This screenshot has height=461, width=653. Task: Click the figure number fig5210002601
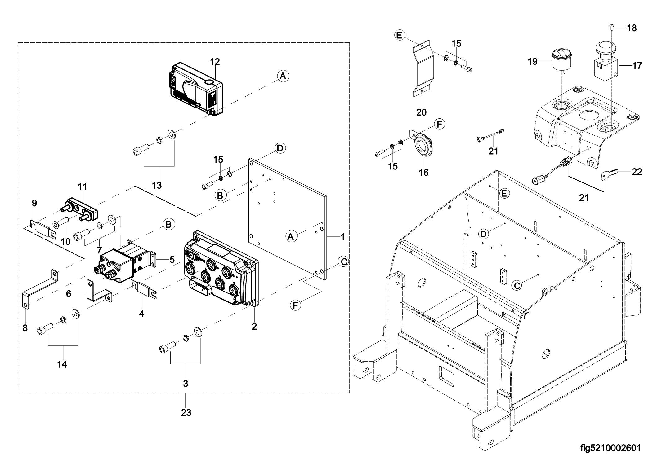click(x=611, y=448)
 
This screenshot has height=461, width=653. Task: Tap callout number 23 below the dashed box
click(x=186, y=413)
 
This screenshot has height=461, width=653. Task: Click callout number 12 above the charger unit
click(x=215, y=62)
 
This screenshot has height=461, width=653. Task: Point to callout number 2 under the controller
click(x=254, y=326)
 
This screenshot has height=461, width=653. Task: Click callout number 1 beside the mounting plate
click(x=342, y=237)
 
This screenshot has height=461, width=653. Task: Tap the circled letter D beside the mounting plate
click(x=280, y=148)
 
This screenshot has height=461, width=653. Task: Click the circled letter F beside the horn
click(x=439, y=124)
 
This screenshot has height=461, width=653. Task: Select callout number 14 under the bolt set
click(x=62, y=364)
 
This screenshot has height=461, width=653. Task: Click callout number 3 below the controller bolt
click(x=186, y=384)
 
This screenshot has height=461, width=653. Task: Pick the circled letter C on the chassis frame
click(x=517, y=285)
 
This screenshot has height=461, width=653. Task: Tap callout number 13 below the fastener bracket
click(x=157, y=185)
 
